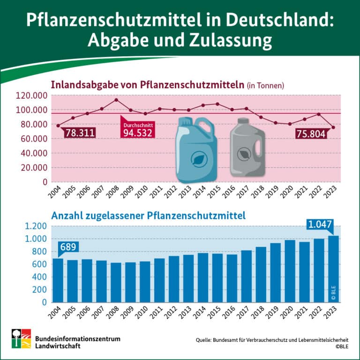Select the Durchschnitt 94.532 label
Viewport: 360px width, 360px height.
(138, 130)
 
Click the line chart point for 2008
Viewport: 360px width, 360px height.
(116, 100)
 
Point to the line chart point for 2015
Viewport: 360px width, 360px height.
(217, 104)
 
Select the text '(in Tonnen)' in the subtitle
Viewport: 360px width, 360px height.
(265, 86)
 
